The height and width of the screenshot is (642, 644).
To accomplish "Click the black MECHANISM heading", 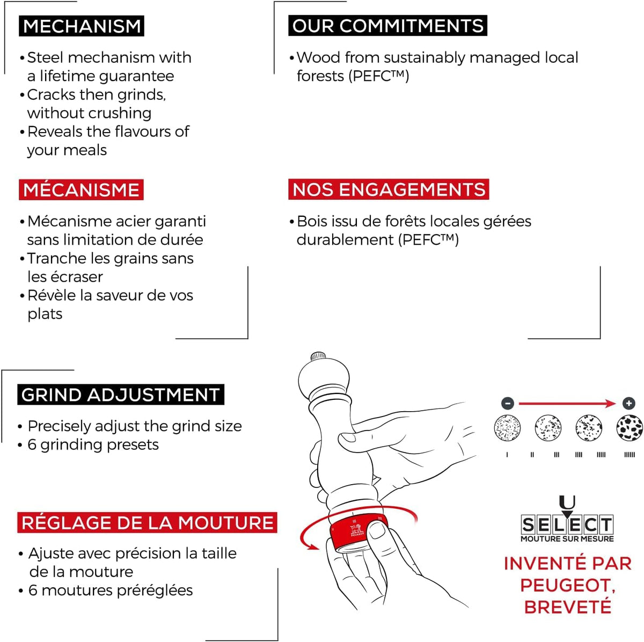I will pyautogui.click(x=82, y=26).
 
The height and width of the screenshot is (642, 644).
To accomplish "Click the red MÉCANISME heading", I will pyautogui.click(x=81, y=189).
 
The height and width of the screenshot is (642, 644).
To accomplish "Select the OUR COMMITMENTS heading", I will pyautogui.click(x=387, y=26).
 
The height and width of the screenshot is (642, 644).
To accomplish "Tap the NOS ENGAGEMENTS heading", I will pyautogui.click(x=389, y=189).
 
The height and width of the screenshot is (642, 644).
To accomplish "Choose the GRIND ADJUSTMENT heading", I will pyautogui.click(x=121, y=395).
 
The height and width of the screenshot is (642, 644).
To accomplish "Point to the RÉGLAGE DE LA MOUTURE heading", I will pyautogui.click(x=147, y=522).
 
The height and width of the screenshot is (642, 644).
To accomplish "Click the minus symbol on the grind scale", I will pyautogui.click(x=507, y=403).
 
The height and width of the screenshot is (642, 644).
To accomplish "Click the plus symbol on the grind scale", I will pyautogui.click(x=628, y=403).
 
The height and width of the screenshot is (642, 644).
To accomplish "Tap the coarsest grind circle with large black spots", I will pyautogui.click(x=630, y=428).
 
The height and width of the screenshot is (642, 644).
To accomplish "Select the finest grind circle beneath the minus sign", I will pyautogui.click(x=507, y=428).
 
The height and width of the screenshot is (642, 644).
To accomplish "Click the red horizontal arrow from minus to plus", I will pyautogui.click(x=566, y=403).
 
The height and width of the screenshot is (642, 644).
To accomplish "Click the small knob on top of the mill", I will pyautogui.click(x=318, y=356).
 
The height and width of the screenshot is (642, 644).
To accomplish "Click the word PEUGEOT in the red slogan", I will pyautogui.click(x=567, y=585).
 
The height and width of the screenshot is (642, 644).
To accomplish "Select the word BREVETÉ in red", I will pyautogui.click(x=567, y=607).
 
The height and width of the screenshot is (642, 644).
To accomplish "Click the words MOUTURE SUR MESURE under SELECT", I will pyautogui.click(x=567, y=539).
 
